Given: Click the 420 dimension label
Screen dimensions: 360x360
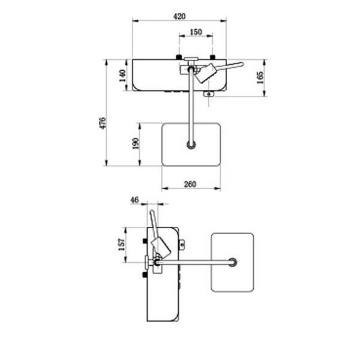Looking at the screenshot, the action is tap(179, 17).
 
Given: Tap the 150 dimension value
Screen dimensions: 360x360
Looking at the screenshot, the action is tap(196, 32).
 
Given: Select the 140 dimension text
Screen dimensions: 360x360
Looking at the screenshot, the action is tap(122, 76).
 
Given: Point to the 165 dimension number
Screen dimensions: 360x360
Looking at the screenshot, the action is tap(260, 77).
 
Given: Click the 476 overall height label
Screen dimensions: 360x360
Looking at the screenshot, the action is tap(103, 123).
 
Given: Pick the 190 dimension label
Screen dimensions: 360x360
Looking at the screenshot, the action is tap(136, 143).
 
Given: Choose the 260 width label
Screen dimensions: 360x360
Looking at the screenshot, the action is tap(190, 184).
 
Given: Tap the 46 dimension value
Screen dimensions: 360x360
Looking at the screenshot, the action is tap(134, 200).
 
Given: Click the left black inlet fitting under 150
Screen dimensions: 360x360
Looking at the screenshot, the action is tap(179, 57).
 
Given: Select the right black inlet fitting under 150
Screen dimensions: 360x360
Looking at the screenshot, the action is tap(212, 57).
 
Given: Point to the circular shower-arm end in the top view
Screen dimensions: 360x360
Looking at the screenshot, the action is tap(191, 145).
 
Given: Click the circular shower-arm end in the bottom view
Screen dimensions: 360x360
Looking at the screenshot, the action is tap(233, 262).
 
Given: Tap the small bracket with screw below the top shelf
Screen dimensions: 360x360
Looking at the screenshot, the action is tap(209, 94).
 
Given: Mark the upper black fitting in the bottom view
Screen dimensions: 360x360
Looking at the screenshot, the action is tap(145, 241).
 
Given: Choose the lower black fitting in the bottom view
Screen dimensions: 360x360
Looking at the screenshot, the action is tap(145, 274).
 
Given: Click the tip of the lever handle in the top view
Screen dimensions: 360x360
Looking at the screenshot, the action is tap(242, 64).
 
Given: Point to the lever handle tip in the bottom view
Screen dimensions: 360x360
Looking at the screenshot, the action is tap(152, 211).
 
